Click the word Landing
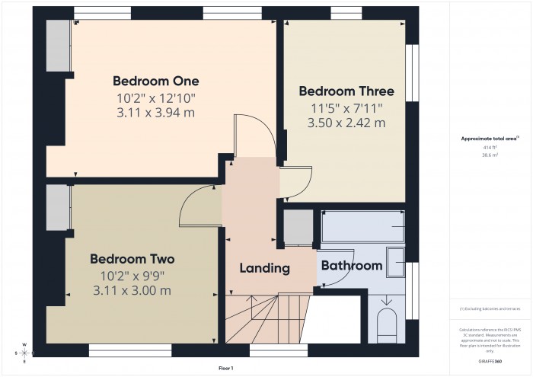[264, 268]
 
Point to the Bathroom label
[350, 266]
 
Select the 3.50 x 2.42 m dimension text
[346, 123]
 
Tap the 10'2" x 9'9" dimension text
[132, 275]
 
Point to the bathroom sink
[397, 263]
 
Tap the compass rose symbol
[24, 353]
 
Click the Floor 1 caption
[225, 368]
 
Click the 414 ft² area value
[490, 148]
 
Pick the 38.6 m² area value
[490, 155]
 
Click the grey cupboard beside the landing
[298, 227]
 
